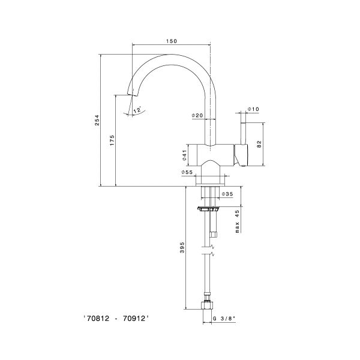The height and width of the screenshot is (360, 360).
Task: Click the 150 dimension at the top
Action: [x=172, y=41]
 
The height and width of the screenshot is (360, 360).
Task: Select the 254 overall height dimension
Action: [x=97, y=121]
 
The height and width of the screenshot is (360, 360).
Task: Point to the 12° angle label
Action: [x=137, y=110]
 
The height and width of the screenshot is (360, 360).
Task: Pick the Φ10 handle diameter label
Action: [x=253, y=109]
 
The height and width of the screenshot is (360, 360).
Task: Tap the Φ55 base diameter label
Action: [x=187, y=173]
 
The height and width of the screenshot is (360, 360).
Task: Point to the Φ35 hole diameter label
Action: [x=227, y=194]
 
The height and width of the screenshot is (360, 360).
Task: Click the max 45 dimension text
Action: [x=237, y=221]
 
